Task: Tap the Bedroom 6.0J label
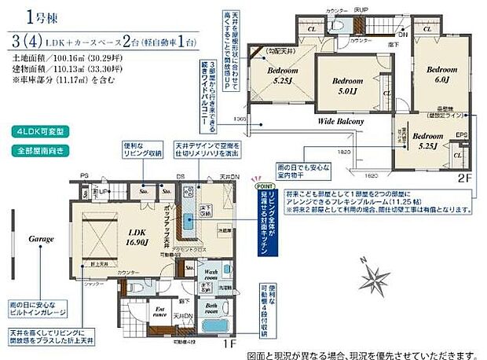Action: [441, 74]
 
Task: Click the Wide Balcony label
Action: [340, 123]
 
